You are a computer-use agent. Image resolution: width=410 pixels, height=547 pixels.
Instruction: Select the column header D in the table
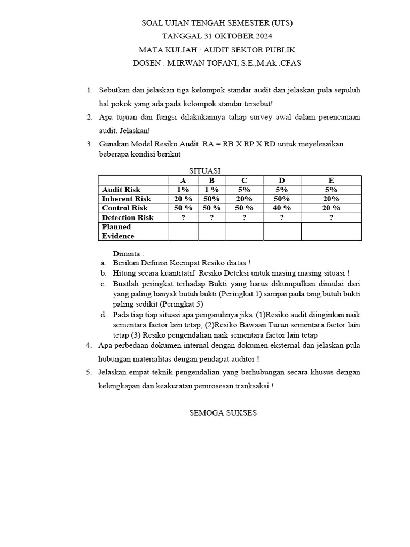pos(281,180)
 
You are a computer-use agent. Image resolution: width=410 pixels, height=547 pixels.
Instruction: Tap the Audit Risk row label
pos(121,190)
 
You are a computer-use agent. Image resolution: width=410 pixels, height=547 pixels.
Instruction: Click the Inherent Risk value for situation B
pos(211,199)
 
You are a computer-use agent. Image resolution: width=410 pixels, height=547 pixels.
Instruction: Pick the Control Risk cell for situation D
pos(281,208)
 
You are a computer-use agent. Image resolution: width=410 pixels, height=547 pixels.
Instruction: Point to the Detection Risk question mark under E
pos(331,217)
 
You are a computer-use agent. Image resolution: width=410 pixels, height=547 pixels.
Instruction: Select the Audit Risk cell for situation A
pos(183,190)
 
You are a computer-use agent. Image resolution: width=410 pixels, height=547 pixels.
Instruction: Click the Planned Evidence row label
pos(118,231)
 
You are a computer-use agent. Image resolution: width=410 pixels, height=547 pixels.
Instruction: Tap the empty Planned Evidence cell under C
pos(244,231)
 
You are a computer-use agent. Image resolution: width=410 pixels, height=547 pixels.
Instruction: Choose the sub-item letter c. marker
pos(103,284)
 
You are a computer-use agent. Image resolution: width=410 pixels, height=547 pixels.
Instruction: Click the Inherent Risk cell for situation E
pos(331,199)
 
